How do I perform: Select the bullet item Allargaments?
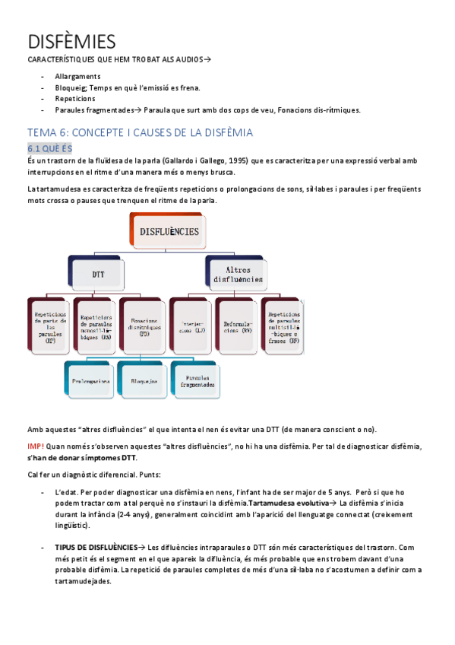(x=77, y=77)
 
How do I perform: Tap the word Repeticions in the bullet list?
(x=75, y=99)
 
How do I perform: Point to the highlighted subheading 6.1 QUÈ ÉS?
(x=49, y=148)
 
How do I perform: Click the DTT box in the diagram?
(x=99, y=273)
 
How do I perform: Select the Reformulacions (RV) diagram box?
(x=237, y=327)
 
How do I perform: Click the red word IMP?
(x=36, y=446)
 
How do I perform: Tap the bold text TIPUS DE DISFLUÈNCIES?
(x=95, y=547)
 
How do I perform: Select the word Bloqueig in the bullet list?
(x=72, y=88)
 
